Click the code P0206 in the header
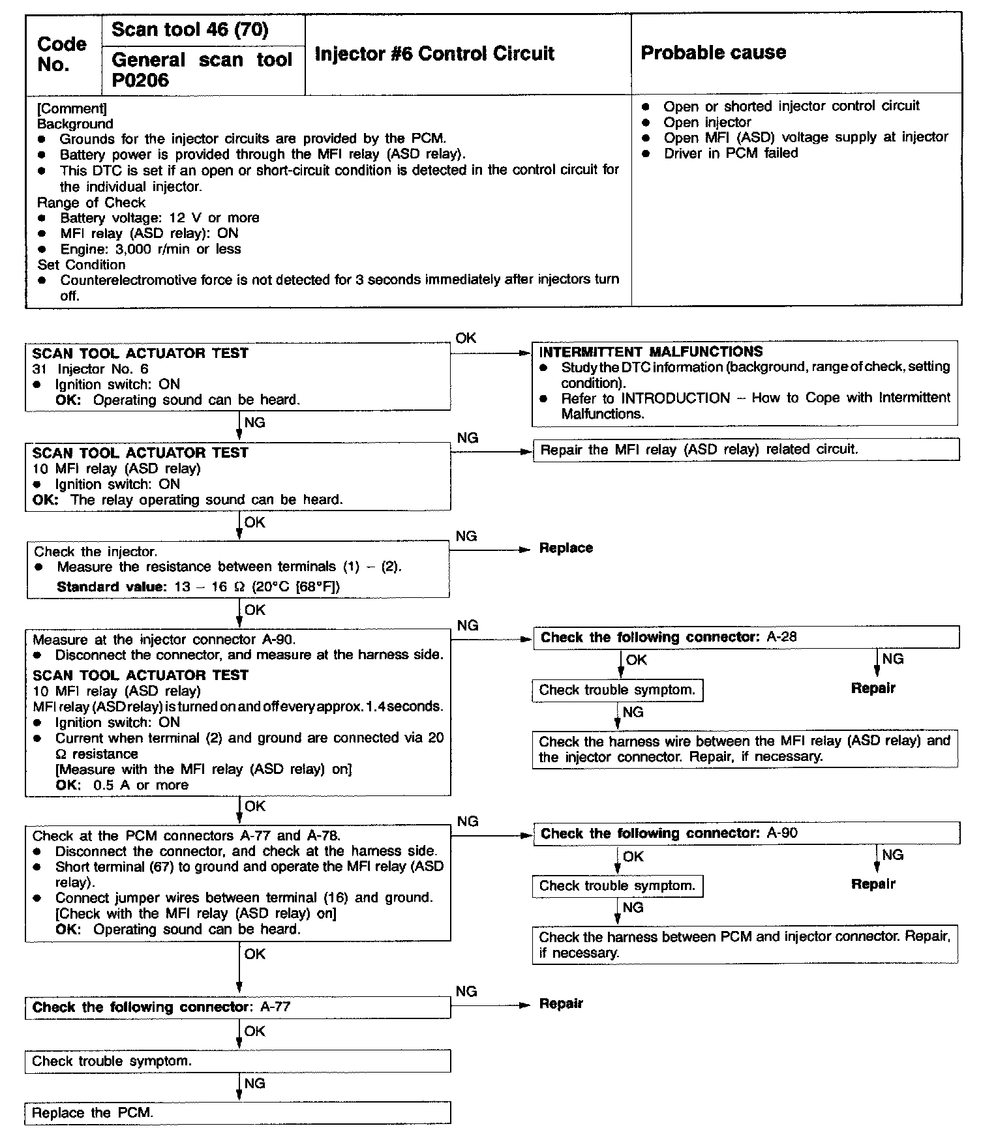point(140,81)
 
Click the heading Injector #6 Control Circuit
point(434,53)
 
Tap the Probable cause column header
point(713,53)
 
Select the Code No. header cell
point(62,54)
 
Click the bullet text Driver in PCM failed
point(731,153)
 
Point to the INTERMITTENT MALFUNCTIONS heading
point(650,351)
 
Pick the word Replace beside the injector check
point(566,548)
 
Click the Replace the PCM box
point(237,1113)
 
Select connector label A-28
point(781,637)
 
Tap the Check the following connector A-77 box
point(237,1007)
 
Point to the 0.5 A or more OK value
point(140,786)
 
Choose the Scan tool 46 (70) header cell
point(190,30)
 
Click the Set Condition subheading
point(82,265)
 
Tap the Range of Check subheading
point(91,202)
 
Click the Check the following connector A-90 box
point(746,833)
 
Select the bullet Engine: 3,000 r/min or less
point(151,249)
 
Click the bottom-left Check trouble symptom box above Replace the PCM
point(237,1061)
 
